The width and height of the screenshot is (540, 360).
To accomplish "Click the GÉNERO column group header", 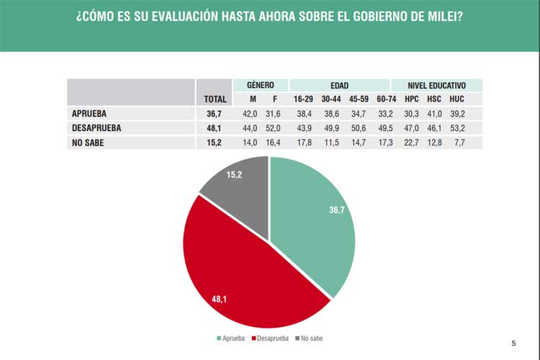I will pos(260,85).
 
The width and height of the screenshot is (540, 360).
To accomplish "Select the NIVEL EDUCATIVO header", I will pos(436,85).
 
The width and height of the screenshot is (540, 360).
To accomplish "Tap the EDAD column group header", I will pos(339,85).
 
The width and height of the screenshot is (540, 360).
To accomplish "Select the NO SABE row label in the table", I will pos(89,141).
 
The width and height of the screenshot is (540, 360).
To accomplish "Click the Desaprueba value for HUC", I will pos(456,127).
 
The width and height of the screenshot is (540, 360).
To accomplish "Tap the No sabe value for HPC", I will pos(410,141).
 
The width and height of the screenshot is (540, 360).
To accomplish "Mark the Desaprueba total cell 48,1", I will pos(214,127).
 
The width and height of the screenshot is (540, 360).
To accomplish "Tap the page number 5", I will pos(513,343).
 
